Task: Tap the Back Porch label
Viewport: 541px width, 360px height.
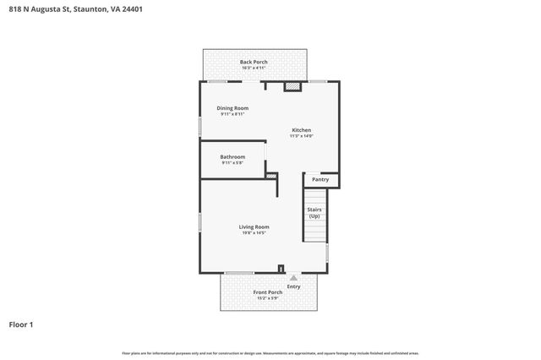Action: [254, 62]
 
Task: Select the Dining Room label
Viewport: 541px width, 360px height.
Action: [232, 108]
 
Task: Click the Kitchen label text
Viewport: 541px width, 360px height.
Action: [301, 130]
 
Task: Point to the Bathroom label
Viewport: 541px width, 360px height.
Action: [232, 156]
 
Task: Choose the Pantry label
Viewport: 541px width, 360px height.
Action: [320, 179]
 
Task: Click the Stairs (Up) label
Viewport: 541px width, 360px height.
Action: [314, 212]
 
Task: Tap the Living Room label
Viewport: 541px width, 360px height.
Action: [254, 226]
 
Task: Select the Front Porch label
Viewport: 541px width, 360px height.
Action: [268, 292]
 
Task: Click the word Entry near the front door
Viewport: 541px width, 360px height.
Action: [293, 286]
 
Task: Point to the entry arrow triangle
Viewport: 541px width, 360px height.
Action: [293, 277]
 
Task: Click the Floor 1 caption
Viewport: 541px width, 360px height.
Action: [21, 325]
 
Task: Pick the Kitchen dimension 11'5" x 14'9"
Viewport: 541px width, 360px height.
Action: [301, 136]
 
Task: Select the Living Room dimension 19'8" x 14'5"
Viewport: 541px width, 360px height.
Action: [254, 232]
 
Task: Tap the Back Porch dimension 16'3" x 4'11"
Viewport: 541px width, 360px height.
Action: [254, 68]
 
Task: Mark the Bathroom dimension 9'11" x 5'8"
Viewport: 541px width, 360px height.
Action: [232, 162]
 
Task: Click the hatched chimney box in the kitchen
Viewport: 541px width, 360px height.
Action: [292, 85]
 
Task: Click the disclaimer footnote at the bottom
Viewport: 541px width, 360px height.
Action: [270, 353]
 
